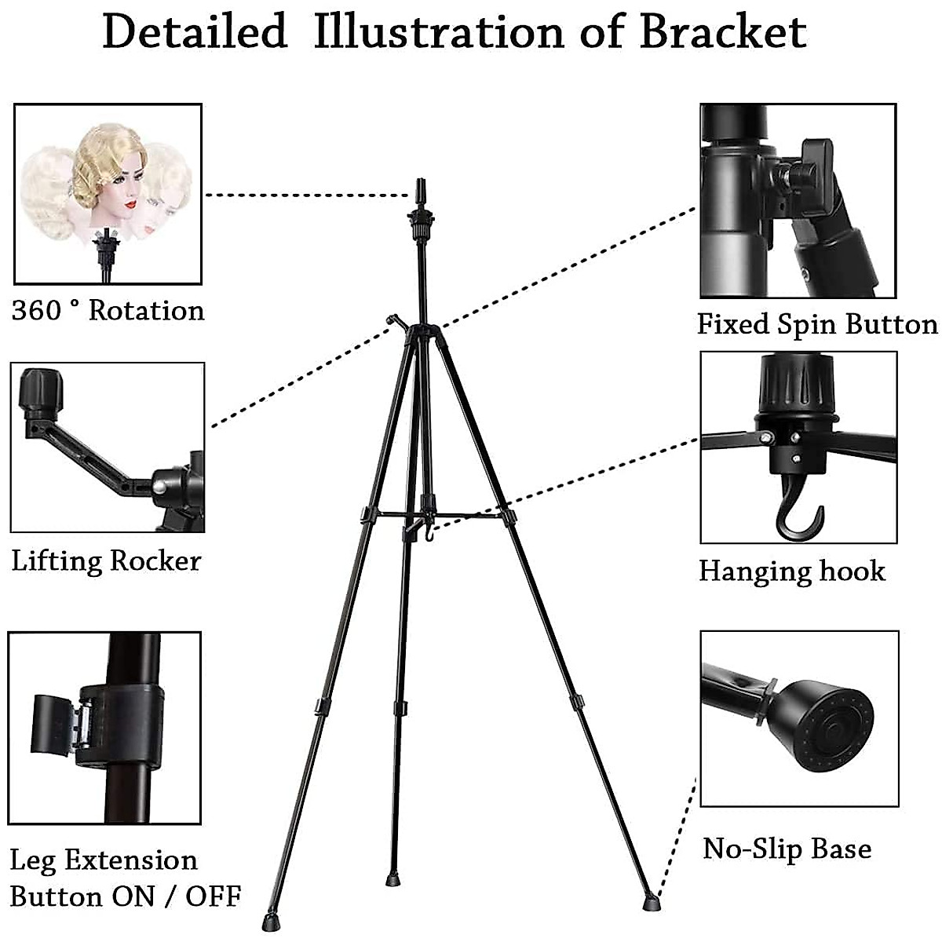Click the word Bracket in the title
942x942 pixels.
723,33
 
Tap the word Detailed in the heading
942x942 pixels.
195,33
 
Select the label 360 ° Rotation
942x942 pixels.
108,311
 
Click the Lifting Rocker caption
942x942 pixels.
106,561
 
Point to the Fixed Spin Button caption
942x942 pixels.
817,324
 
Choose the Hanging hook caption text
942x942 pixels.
791,571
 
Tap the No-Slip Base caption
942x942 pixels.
787,849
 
